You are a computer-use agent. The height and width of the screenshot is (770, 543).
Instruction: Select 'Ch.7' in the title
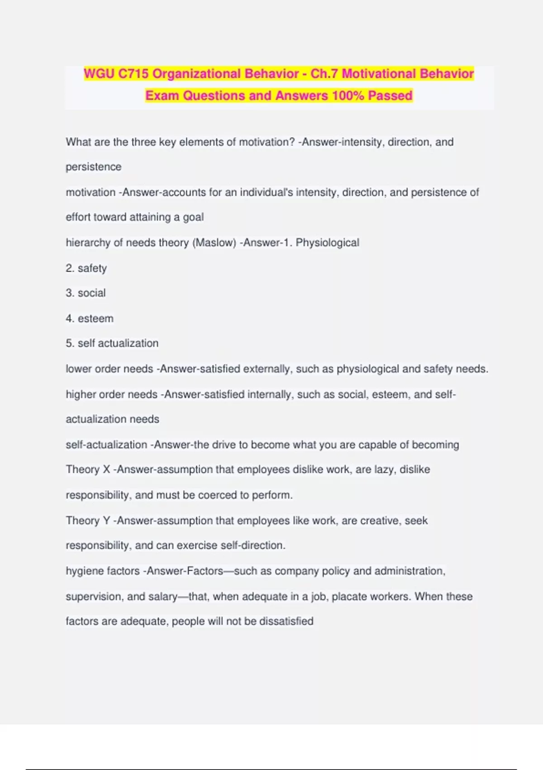coord(324,73)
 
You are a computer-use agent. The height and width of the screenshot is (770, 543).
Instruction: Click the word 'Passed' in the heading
coord(390,96)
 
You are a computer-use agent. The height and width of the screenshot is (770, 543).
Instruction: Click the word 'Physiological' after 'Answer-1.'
coord(327,243)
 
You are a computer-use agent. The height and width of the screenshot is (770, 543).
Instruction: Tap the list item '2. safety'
coord(86,268)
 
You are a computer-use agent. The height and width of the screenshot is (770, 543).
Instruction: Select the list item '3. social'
coord(86,293)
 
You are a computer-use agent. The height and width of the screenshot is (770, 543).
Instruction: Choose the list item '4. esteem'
coord(90,318)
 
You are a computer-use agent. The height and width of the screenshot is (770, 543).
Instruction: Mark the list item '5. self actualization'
coord(112,343)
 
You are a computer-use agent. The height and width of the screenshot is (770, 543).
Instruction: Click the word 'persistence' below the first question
coord(94,167)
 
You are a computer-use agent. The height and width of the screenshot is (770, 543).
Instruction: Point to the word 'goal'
coord(193,217)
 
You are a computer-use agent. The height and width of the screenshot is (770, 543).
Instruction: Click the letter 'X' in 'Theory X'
coord(107,470)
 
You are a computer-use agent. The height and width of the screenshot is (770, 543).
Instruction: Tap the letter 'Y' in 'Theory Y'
coord(107,521)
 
